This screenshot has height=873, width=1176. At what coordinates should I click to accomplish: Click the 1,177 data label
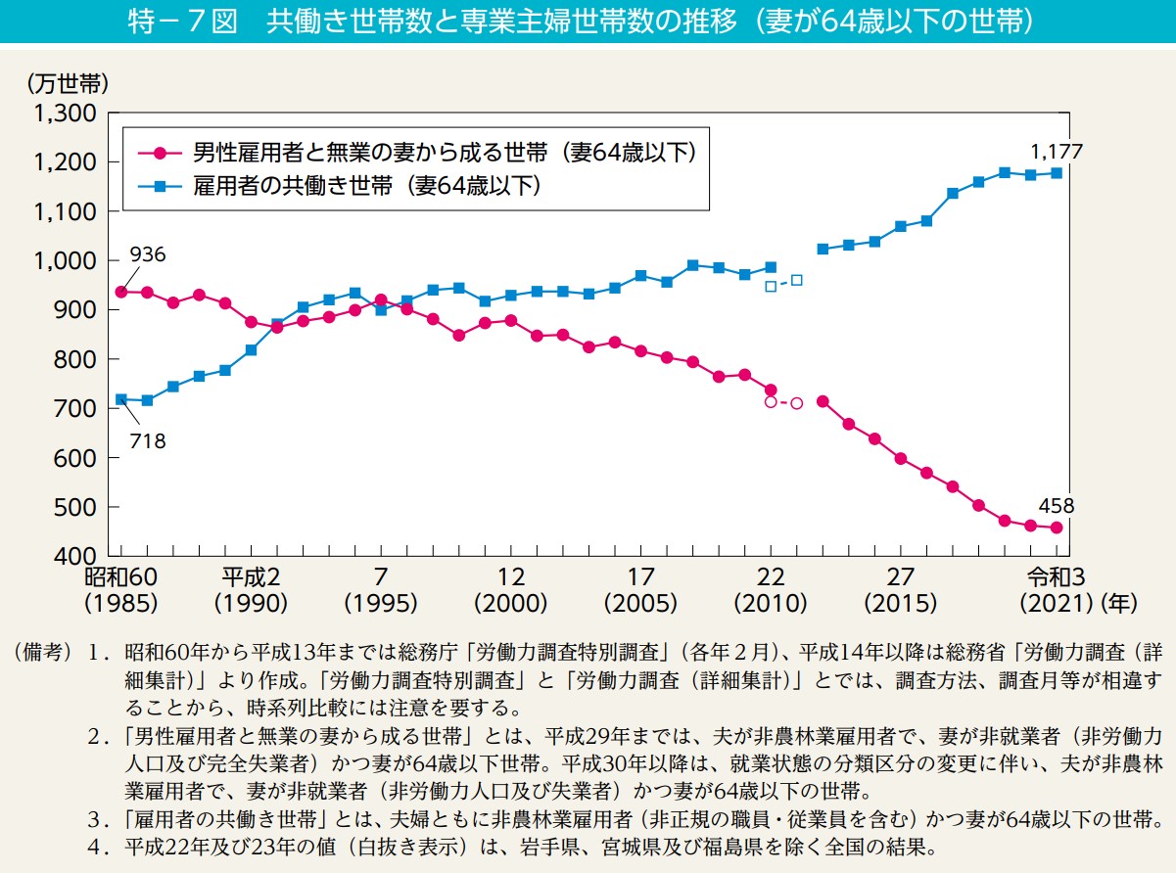tap(1057, 153)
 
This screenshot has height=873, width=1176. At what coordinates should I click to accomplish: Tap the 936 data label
tap(146, 255)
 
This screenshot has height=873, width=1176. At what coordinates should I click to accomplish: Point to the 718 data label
tap(146, 441)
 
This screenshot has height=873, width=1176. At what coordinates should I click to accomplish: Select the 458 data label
tap(1056, 506)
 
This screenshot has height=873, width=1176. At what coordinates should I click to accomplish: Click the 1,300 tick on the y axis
tap(64, 114)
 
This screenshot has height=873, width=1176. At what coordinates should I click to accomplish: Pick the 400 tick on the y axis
tap(74, 557)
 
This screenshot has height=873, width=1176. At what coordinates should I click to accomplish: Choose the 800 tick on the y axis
tap(74, 359)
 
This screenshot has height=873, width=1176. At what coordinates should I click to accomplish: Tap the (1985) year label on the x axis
tap(121, 603)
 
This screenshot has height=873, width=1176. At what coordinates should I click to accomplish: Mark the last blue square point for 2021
tap(1057, 173)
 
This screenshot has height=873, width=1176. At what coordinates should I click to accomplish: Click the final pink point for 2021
tap(1057, 528)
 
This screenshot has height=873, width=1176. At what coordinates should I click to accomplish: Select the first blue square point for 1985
tap(121, 399)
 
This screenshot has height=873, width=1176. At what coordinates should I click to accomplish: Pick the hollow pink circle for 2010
tap(771, 402)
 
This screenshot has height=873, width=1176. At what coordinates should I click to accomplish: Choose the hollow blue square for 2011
tap(797, 280)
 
